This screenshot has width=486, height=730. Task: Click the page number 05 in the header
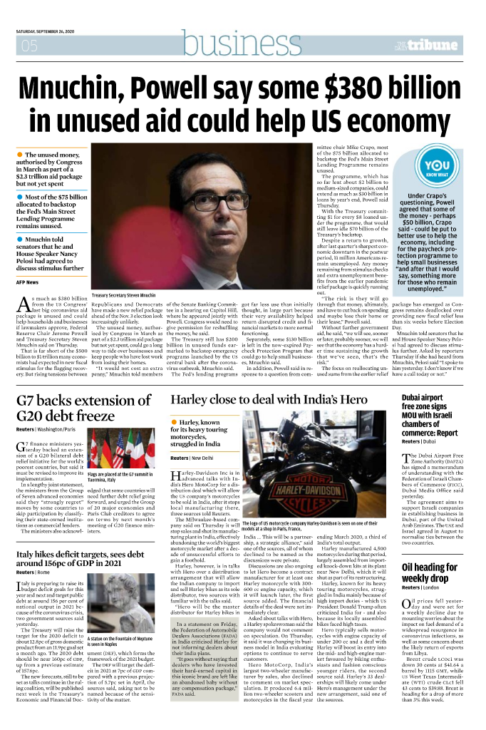29,48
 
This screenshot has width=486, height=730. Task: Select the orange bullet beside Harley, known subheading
174,423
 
